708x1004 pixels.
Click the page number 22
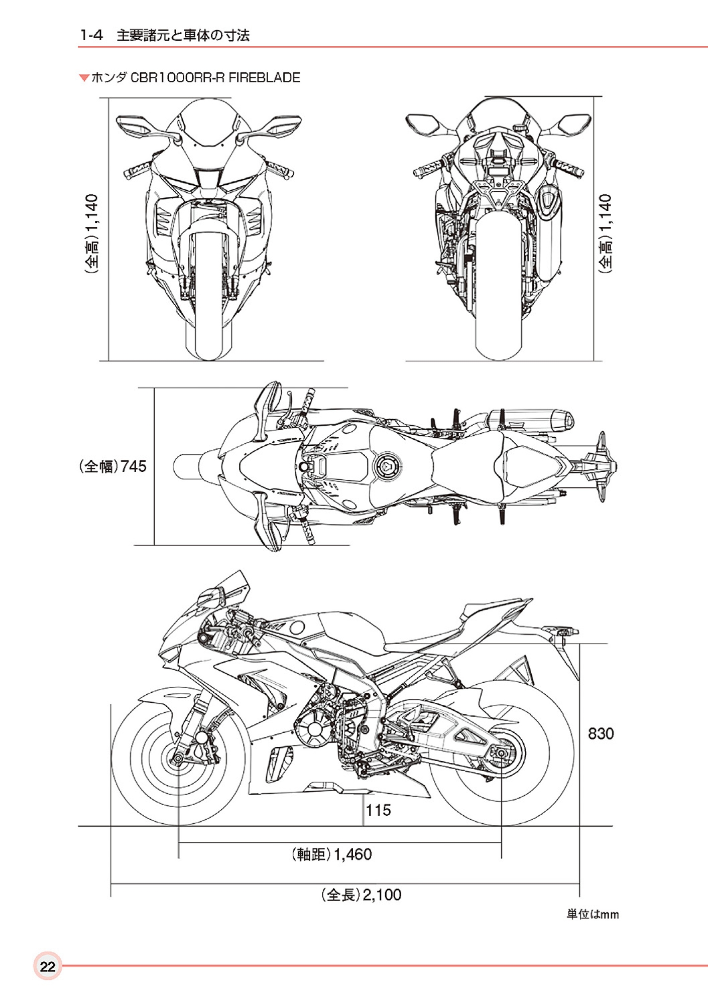pos(48,966)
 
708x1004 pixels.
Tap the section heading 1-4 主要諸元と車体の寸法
pos(165,35)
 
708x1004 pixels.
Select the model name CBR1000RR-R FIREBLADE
pos(215,78)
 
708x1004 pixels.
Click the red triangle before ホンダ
pos(84,78)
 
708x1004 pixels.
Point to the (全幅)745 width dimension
pos(113,466)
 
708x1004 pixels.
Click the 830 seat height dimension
pos(601,734)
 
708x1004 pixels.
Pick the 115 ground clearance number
pos(378,810)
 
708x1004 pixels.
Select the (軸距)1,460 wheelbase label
pos(332,854)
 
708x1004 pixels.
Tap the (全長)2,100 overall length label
pos(362,895)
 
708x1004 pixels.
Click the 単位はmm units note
pos(593,914)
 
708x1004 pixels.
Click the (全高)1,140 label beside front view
pos(92,234)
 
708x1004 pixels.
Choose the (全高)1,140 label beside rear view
pos(606,234)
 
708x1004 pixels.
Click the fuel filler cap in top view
pos(387,466)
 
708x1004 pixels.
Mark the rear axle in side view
pos(501,753)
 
